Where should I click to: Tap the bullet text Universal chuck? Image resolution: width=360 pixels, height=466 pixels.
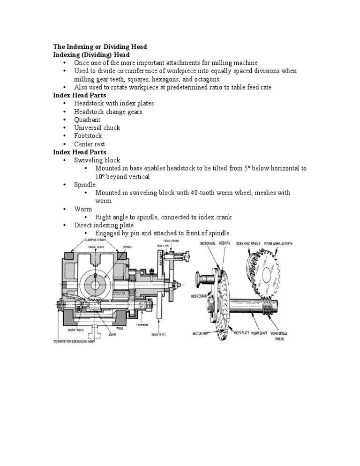97,128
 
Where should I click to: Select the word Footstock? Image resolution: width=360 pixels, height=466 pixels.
88,136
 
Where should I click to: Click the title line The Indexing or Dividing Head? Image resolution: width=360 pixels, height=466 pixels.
100,47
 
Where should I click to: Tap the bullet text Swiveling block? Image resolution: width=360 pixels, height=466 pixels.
97,160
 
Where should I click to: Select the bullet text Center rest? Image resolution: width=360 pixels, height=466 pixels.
90,144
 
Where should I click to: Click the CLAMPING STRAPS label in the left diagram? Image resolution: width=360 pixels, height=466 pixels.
94,240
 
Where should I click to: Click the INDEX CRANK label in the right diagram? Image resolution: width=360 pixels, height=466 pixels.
200,296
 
